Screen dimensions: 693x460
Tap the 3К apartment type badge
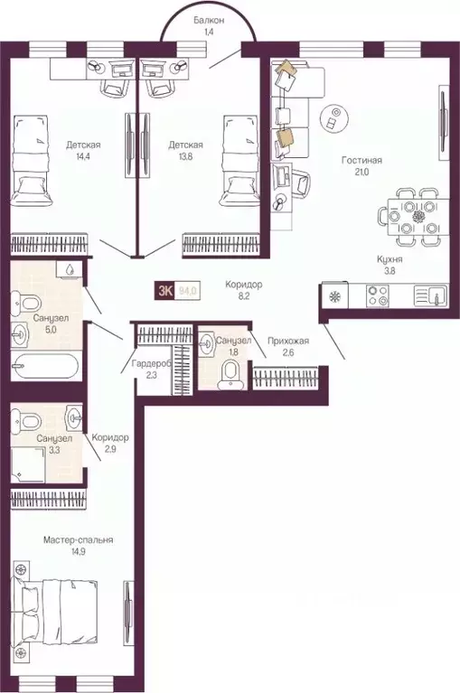coord(166,291)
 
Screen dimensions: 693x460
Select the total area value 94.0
coord(188,291)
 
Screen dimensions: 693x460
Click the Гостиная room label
coord(361,161)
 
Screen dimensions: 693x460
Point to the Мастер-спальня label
coord(79,539)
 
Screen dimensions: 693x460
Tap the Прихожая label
coord(288,341)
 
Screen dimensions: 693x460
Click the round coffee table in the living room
coord(335,117)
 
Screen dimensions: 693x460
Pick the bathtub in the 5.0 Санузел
coord(46,366)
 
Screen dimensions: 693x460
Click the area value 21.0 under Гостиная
coord(361,174)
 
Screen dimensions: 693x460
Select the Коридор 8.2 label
coord(244,290)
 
